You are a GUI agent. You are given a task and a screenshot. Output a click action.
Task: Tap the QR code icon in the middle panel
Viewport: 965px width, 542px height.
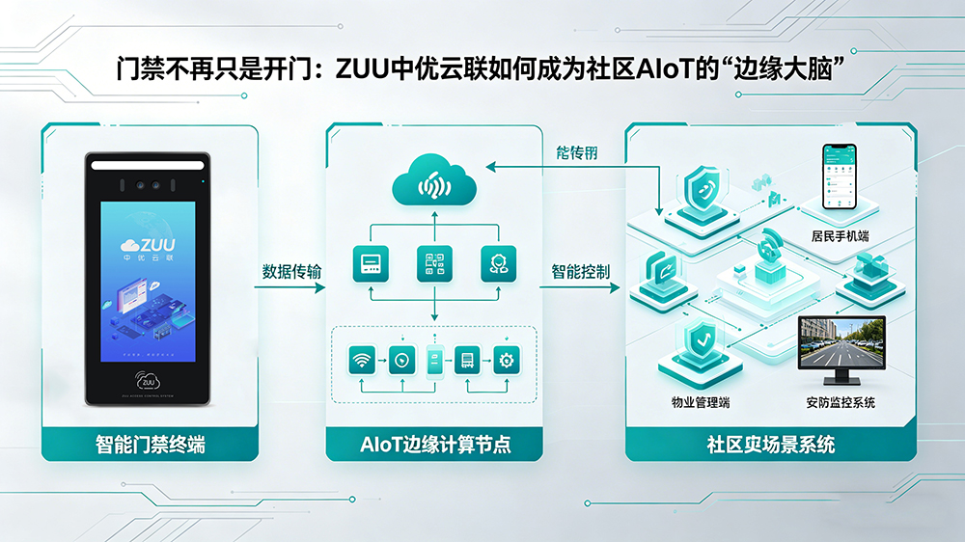434,263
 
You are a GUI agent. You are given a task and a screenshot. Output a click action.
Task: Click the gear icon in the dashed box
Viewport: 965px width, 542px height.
506,362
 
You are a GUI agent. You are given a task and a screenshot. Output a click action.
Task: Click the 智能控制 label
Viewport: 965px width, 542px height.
581,272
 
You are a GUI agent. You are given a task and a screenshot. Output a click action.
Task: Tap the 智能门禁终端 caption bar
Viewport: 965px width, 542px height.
150,446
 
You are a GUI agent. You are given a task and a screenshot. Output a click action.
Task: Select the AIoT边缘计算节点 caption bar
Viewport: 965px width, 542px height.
434,446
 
